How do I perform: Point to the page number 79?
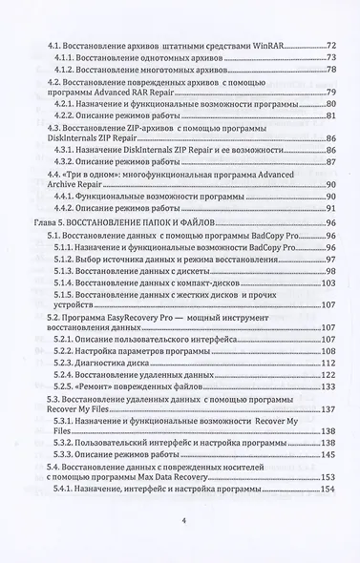pyautogui.click(x=331, y=93)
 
